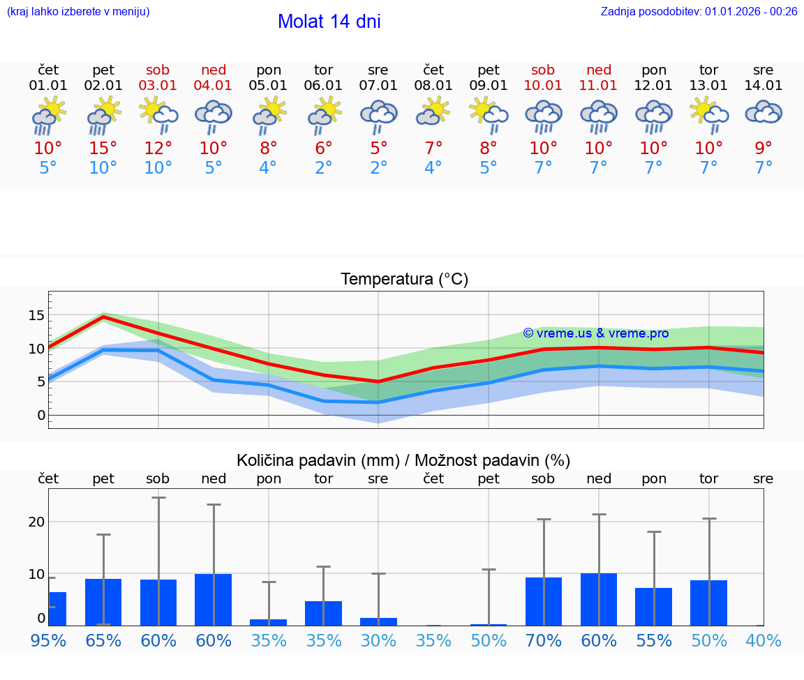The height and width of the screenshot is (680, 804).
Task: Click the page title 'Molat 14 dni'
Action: pos(329,22)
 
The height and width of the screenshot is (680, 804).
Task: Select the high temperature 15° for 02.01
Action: pos(103,149)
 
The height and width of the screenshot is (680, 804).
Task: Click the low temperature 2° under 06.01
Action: pos(323,168)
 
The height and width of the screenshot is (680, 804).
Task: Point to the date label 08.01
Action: pos(433,86)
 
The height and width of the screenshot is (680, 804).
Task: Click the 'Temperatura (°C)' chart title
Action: pos(404,280)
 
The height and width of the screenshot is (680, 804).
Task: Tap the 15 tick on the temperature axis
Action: pos(36,316)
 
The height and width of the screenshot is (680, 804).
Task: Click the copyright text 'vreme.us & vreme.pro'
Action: pos(595,333)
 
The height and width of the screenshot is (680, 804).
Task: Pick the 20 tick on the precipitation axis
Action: pos(36,522)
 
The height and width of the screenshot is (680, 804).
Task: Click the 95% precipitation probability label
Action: pos(48,641)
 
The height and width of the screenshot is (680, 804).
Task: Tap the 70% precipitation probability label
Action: pos(543,641)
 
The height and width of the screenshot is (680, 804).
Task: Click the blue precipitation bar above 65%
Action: pos(103,602)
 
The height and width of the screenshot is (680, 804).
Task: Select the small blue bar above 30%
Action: pos(378,621)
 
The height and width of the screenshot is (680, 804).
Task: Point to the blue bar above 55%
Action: pos(653,607)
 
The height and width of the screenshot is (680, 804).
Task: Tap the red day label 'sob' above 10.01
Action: pos(543,70)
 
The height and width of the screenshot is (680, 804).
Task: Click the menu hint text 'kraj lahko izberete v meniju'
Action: pos(78,12)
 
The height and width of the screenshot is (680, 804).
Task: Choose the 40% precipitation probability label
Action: pos(764,641)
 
